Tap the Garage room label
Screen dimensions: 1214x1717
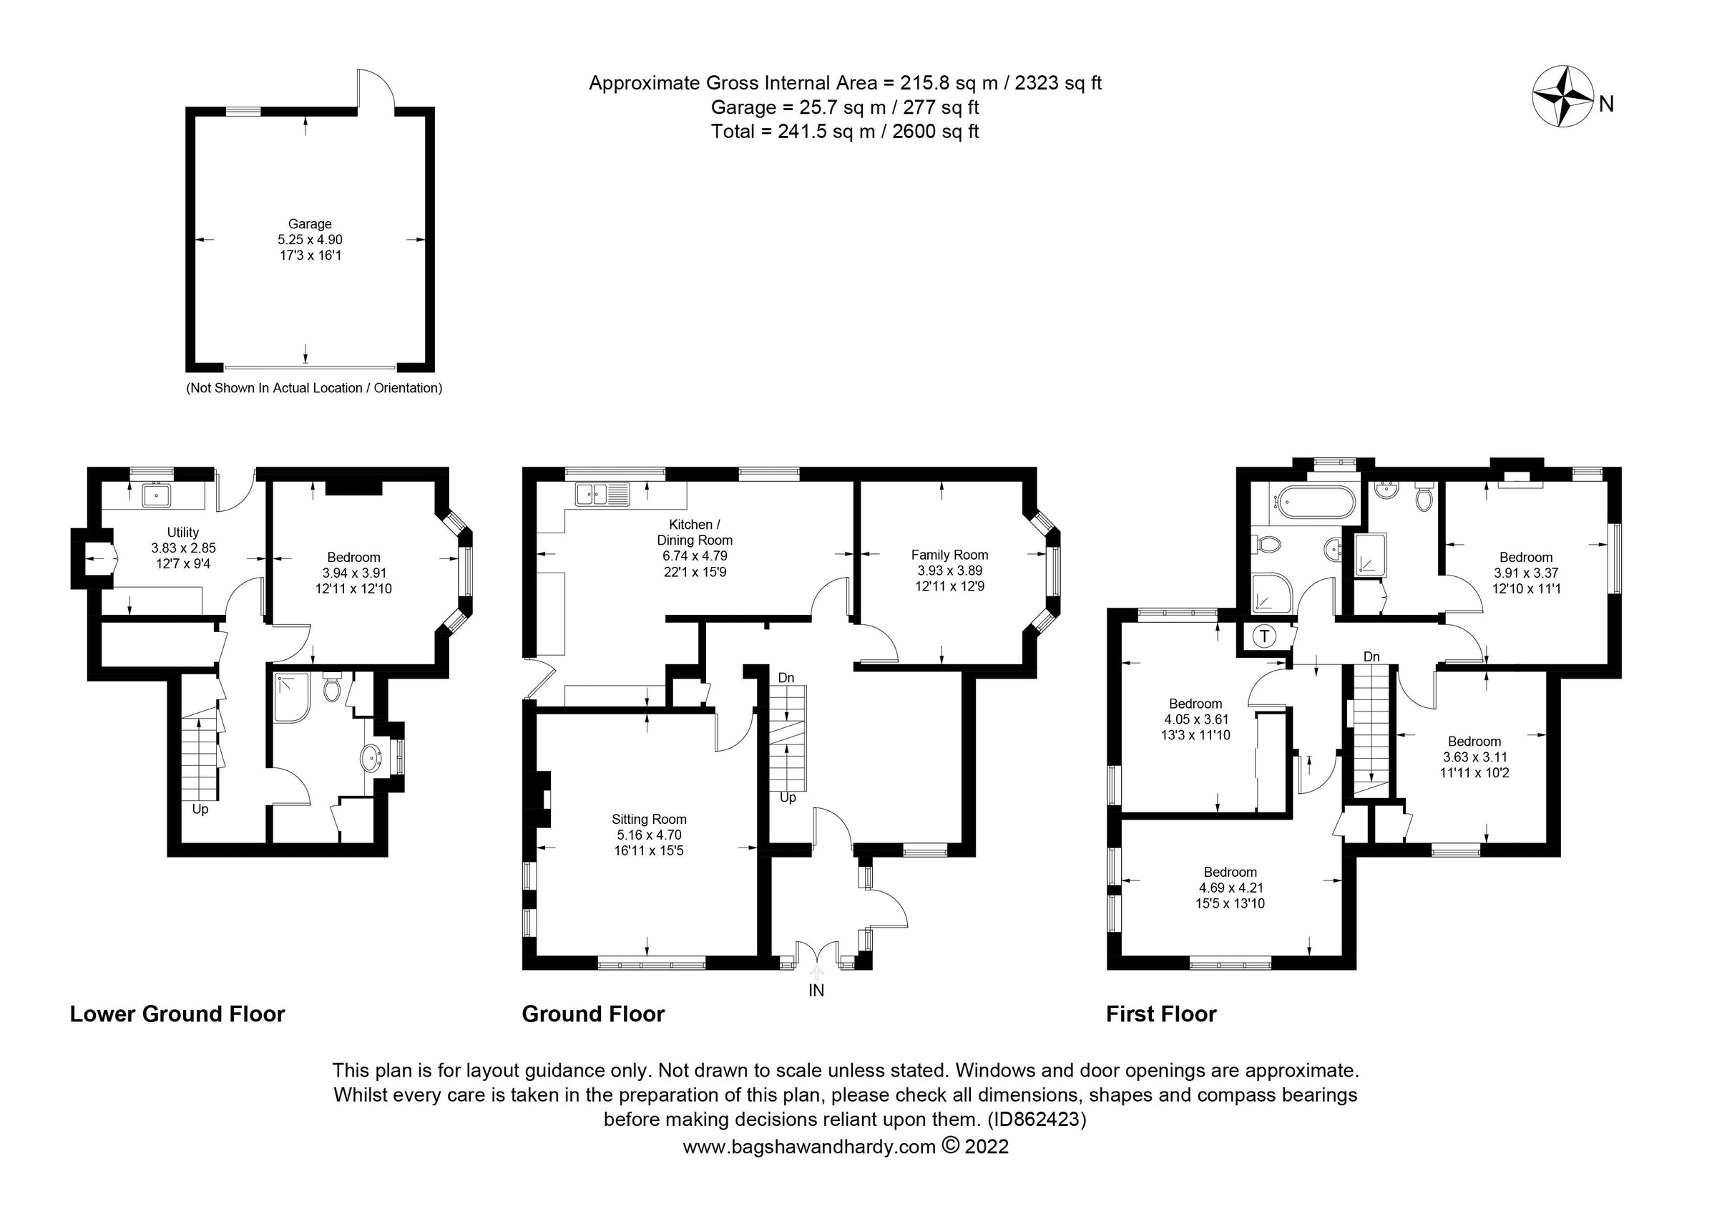310,223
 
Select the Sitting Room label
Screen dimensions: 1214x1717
648,819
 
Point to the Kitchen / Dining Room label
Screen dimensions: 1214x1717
694,532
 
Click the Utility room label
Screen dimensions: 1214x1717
182,532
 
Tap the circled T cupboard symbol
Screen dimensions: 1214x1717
1264,636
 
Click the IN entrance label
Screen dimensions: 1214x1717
816,991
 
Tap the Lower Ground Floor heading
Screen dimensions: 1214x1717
177,1014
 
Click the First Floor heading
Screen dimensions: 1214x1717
1160,1014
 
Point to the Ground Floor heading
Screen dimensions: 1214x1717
593,1014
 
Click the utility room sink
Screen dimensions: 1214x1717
157,495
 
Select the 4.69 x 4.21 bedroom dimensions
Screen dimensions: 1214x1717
1229,888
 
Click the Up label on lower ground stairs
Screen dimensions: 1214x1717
200,810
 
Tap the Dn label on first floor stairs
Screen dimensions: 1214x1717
1371,656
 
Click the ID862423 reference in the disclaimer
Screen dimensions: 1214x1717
1037,1120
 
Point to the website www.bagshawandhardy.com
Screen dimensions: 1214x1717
809,1147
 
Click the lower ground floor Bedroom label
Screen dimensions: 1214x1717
353,558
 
